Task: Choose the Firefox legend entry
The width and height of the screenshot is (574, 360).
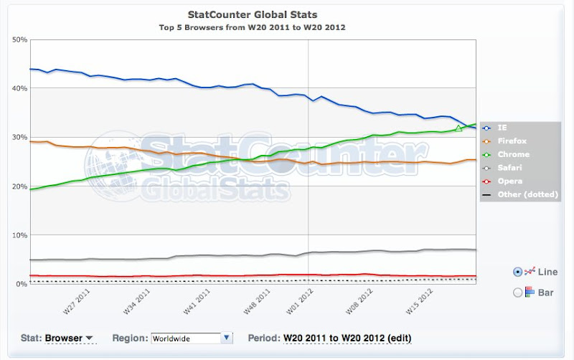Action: pyautogui.click(x=512, y=141)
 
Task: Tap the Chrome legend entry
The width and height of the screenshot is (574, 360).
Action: pyautogui.click(x=512, y=154)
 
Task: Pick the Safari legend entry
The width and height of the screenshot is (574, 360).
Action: pyautogui.click(x=511, y=168)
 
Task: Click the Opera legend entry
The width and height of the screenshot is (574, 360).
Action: pyautogui.click(x=509, y=181)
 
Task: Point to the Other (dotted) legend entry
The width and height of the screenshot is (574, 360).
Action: pyautogui.click(x=522, y=195)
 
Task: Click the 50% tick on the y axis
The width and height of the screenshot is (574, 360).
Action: pyautogui.click(x=19, y=39)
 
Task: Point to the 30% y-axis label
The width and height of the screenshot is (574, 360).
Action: pyautogui.click(x=19, y=138)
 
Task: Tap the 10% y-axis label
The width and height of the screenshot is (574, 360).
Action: pyautogui.click(x=19, y=236)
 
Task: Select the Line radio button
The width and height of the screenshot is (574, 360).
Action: pyautogui.click(x=518, y=272)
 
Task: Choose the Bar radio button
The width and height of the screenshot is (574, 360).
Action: pyautogui.click(x=518, y=292)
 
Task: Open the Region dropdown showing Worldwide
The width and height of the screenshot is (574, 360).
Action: pyautogui.click(x=192, y=338)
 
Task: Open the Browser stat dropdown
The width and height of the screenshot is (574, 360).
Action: pyautogui.click(x=70, y=338)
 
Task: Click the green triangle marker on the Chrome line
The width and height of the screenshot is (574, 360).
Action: pyautogui.click(x=458, y=128)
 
